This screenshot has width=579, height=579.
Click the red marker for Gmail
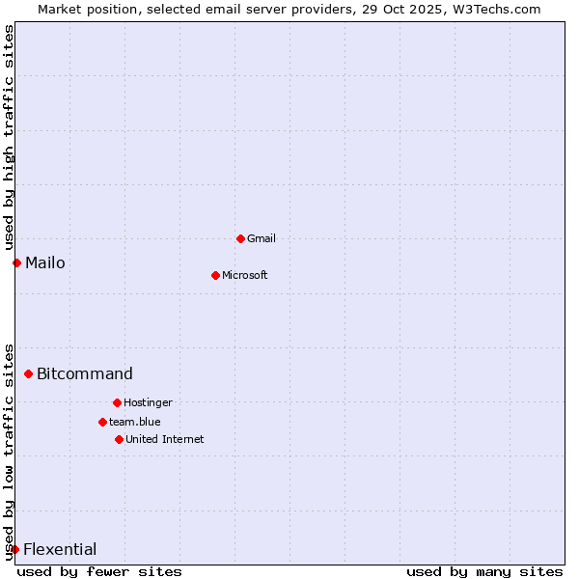click(x=240, y=238)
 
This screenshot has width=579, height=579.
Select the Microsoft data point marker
click(x=215, y=275)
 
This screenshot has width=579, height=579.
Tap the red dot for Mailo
click(x=16, y=262)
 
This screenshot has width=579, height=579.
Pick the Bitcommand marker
click(x=28, y=373)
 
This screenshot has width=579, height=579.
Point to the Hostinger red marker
click(x=117, y=402)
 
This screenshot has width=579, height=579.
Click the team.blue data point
click(x=102, y=422)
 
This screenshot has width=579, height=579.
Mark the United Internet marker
click(x=119, y=439)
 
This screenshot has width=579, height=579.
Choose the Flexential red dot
click(x=14, y=549)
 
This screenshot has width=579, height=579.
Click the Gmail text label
click(x=262, y=238)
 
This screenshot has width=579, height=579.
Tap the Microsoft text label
click(x=245, y=275)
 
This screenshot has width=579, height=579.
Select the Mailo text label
click(x=45, y=262)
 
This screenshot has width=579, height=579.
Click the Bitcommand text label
click(x=85, y=373)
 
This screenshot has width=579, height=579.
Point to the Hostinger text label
click(x=148, y=402)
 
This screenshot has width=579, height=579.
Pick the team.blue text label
click(x=135, y=422)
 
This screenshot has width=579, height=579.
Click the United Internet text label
click(x=165, y=439)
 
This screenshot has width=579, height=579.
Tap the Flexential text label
click(x=60, y=549)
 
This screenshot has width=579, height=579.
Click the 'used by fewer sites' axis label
click(x=99, y=571)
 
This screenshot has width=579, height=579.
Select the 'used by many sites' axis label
click(x=484, y=571)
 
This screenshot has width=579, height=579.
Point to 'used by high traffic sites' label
click(x=9, y=137)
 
